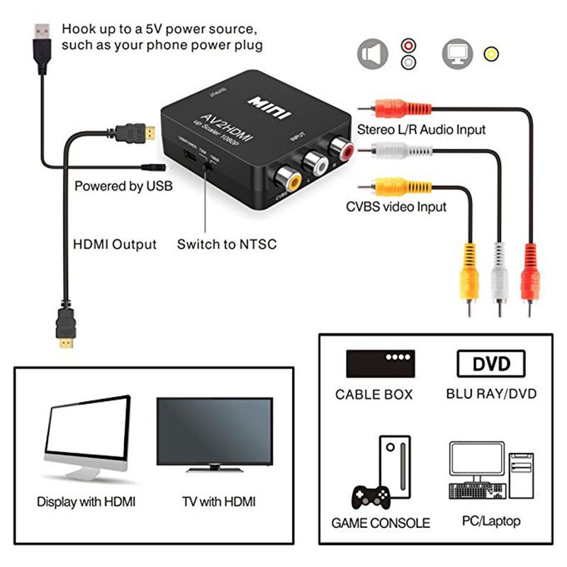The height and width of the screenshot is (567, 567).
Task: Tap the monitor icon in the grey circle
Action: [457, 53]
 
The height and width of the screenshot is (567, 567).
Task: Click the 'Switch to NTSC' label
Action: [227, 245]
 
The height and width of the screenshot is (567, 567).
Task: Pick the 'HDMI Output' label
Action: [115, 245]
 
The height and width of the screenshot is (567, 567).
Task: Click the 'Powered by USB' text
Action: [124, 187]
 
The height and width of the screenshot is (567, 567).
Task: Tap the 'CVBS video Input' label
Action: [396, 207]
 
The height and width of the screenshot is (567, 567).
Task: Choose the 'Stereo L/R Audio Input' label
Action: [421, 130]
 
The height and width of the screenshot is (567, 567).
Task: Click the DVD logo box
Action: [491, 364]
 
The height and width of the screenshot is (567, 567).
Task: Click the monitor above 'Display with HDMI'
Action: [87, 436]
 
